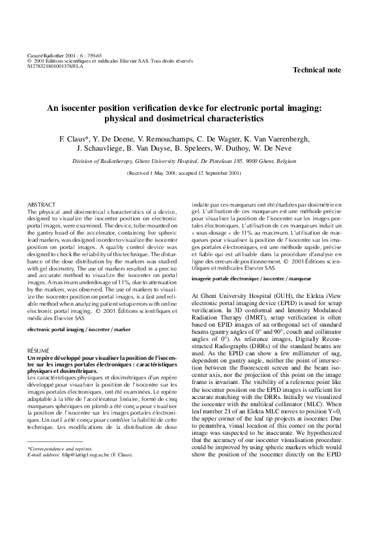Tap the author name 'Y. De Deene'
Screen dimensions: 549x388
116,139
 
